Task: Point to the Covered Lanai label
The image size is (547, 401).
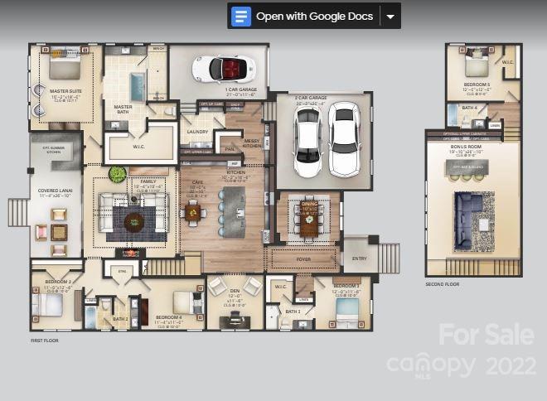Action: (54, 191)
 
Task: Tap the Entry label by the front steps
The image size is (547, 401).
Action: (359, 258)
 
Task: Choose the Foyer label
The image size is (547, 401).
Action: (303, 258)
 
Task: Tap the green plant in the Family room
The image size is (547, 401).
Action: (118, 174)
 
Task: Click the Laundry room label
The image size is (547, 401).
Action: (197, 131)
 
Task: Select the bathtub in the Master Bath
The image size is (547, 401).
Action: (137, 85)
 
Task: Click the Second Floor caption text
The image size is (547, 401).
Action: (441, 284)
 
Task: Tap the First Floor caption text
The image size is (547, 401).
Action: (45, 340)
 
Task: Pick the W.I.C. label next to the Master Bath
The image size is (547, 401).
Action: (138, 147)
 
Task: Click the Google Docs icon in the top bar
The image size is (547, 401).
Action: (242, 16)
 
